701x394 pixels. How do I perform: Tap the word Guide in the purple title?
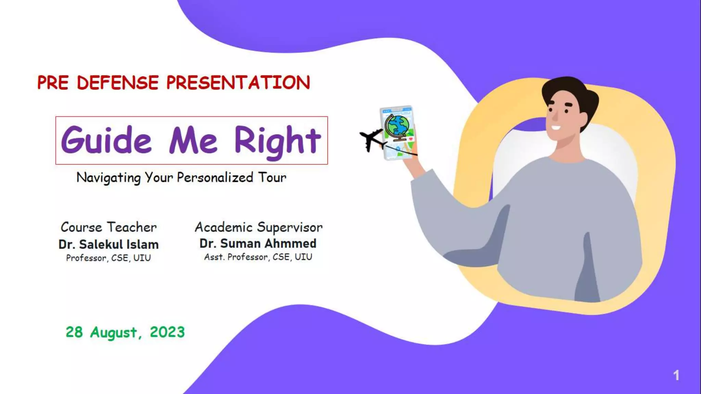click(106, 140)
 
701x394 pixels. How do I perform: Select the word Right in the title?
click(277, 141)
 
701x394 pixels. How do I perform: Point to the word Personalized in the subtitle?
click(215, 178)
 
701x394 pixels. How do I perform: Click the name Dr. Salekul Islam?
click(109, 245)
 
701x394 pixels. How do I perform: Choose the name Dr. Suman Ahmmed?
click(258, 244)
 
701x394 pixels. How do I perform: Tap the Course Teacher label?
click(109, 227)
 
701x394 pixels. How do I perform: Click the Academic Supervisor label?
click(258, 227)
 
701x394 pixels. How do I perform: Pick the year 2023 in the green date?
click(167, 332)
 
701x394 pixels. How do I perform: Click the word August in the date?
click(114, 332)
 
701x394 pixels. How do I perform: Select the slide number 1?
click(676, 376)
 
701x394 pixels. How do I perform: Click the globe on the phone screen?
click(397, 126)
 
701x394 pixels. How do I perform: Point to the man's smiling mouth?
click(556, 128)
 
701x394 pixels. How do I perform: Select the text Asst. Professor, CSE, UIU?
click(258, 257)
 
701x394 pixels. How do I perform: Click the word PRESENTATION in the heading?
click(238, 83)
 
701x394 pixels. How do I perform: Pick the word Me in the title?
click(193, 141)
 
